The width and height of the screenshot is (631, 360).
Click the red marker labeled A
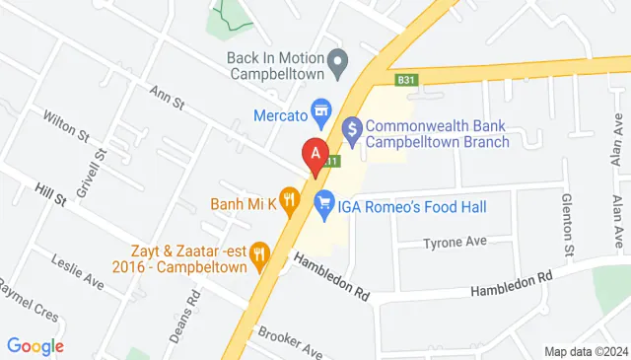(315, 155)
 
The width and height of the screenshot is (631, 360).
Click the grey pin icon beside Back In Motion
(338, 65)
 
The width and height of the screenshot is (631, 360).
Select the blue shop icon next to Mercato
(320, 107)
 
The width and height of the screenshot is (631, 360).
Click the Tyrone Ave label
(456, 243)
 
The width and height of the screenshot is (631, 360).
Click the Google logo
(35, 346)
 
